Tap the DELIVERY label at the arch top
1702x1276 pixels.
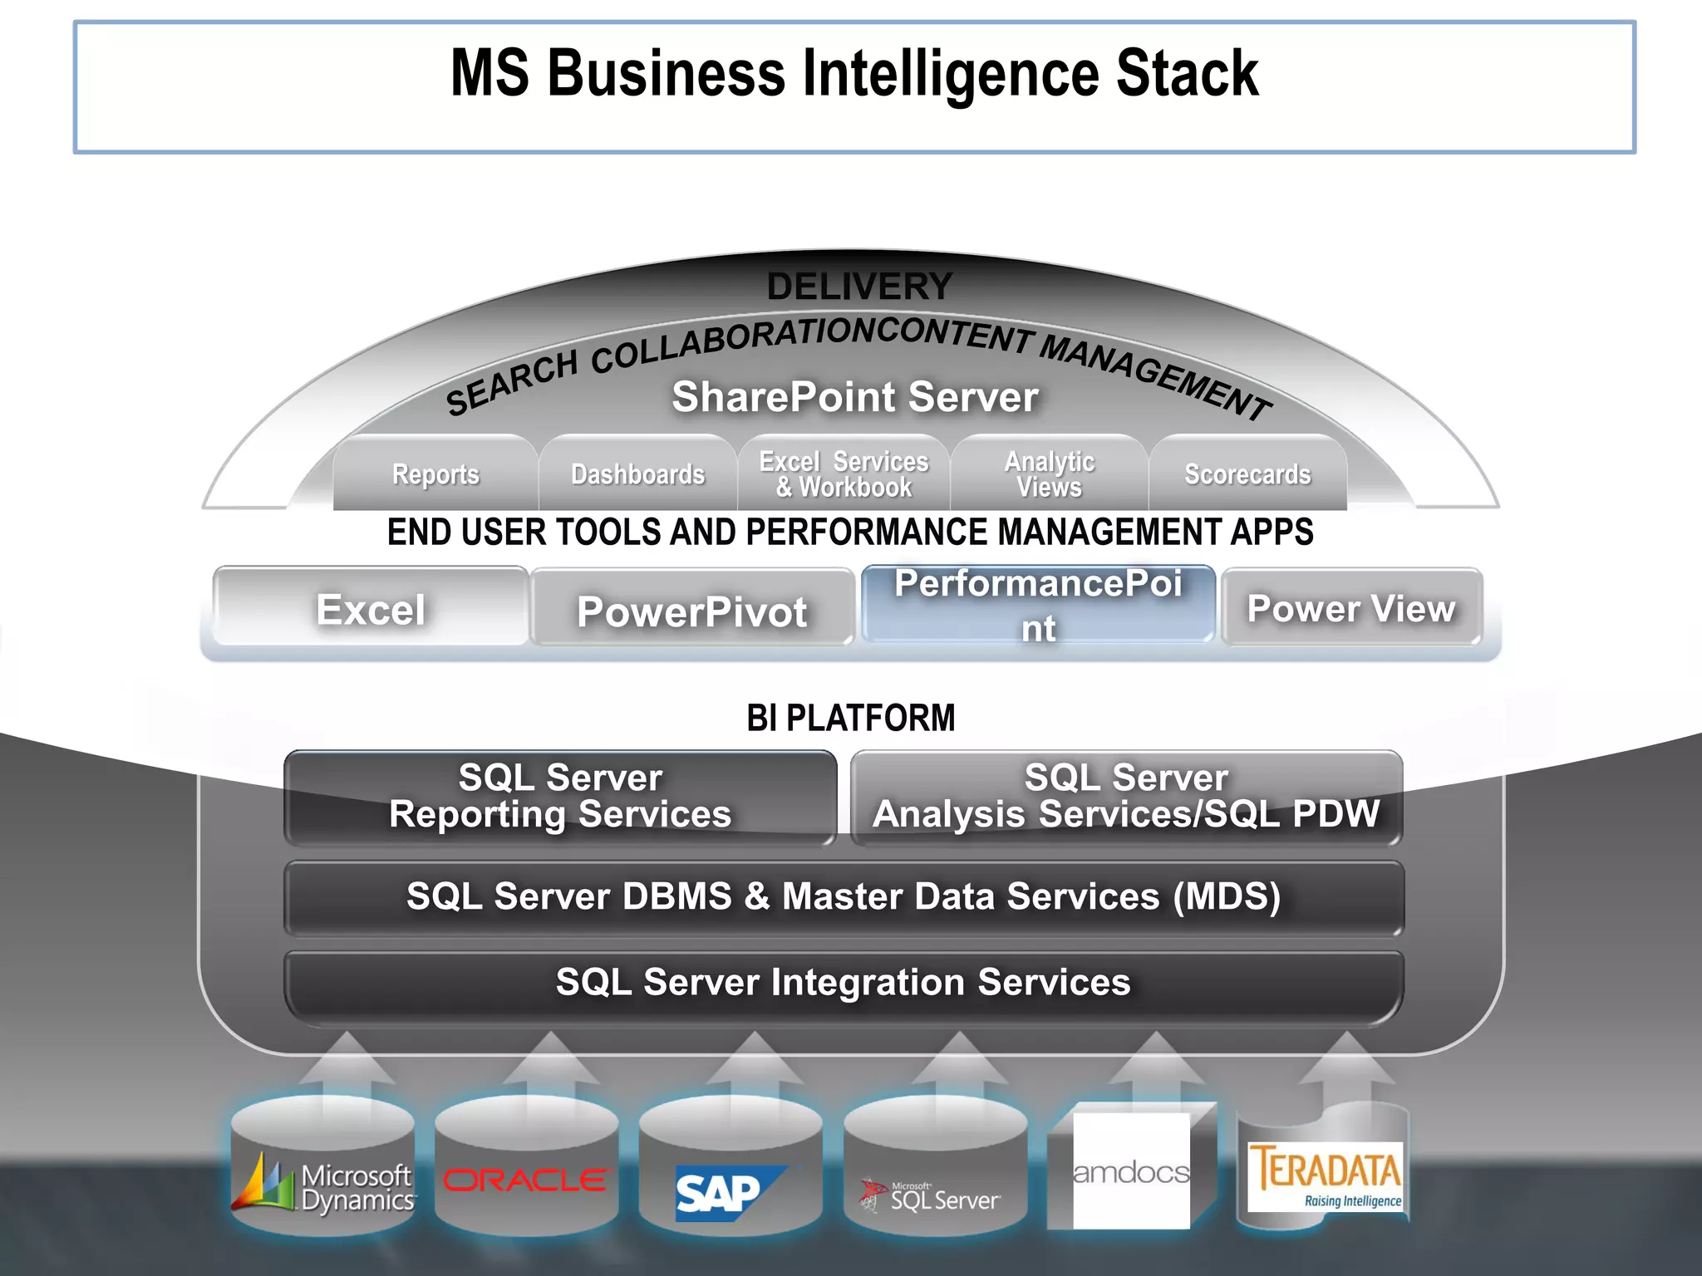(858, 287)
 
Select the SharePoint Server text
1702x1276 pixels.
(855, 396)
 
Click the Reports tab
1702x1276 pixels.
(435, 474)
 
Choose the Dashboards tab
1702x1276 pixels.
(637, 474)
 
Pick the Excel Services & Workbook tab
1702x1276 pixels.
(844, 474)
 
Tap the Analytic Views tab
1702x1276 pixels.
(1049, 474)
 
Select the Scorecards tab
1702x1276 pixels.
(1247, 474)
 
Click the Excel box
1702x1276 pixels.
(371, 608)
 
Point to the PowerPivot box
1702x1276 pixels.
(691, 611)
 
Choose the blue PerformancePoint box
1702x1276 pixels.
(1038, 605)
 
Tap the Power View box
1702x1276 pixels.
(1351, 608)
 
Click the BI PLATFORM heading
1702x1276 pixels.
(851, 718)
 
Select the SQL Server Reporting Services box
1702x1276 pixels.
(560, 796)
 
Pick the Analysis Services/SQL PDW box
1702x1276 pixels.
(1126, 796)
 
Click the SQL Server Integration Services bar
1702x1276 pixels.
(843, 982)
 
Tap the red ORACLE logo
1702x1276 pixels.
(525, 1180)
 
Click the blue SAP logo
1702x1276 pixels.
(721, 1194)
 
